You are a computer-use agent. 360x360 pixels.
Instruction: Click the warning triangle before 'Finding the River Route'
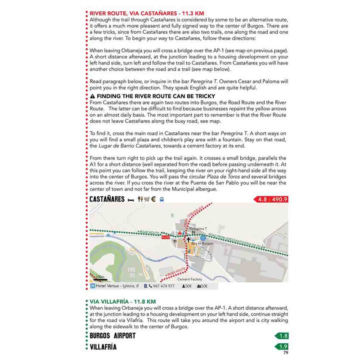click(93, 97)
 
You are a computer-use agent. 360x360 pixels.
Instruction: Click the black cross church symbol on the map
click(188, 240)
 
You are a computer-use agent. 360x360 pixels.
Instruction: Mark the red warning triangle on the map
click(180, 233)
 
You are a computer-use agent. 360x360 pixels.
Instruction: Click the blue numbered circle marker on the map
click(203, 237)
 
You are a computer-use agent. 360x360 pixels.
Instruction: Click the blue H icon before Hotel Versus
click(93, 286)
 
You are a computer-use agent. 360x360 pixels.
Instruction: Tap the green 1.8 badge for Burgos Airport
click(282, 336)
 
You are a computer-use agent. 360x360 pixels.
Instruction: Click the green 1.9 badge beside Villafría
click(282, 346)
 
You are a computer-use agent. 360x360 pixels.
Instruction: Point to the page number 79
click(285, 353)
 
